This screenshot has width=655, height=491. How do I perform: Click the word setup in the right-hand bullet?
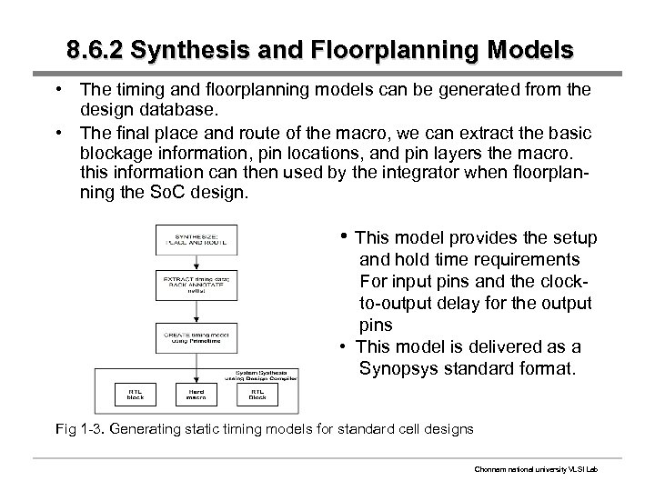572,238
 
